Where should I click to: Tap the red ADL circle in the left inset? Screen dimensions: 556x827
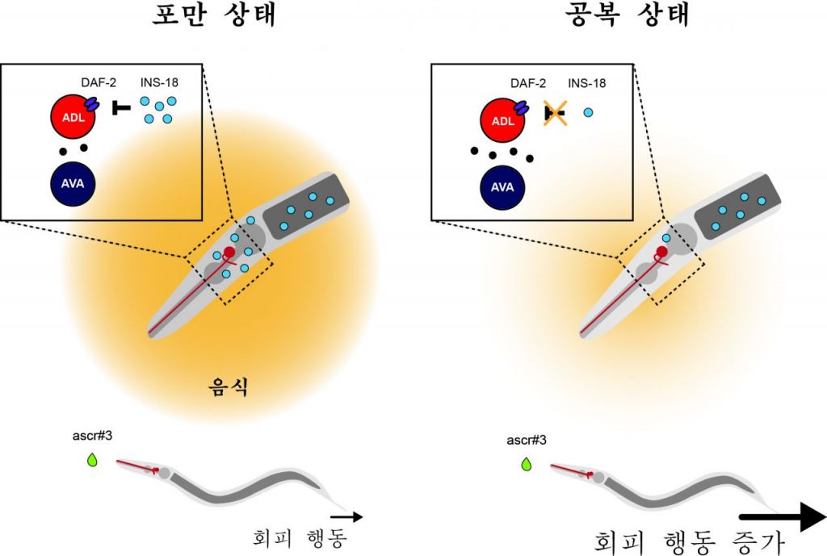pyautogui.click(x=73, y=119)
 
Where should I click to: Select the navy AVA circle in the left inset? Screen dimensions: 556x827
pyautogui.click(x=73, y=182)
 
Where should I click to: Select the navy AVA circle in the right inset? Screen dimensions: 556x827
pyautogui.click(x=502, y=187)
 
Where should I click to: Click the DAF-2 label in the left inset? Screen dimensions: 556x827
pyautogui.click(x=99, y=82)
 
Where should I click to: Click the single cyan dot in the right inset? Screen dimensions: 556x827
pyautogui.click(x=588, y=113)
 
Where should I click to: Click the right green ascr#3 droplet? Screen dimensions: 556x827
pyautogui.click(x=527, y=464)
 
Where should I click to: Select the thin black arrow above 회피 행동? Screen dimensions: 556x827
pyautogui.click(x=346, y=516)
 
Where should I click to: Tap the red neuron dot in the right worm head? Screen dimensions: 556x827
pyautogui.click(x=661, y=251)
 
